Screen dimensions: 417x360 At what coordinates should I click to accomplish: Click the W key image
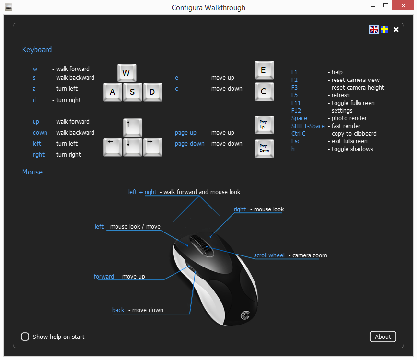click(127, 73)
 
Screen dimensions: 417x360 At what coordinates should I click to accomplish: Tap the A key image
click(113, 92)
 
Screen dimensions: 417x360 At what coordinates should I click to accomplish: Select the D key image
click(152, 92)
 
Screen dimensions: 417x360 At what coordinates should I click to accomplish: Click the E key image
click(265, 70)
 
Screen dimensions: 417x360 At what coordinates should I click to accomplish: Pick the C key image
click(265, 92)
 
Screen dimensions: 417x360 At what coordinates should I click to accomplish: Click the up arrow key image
click(133, 128)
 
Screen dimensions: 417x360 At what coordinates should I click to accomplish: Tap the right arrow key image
click(152, 147)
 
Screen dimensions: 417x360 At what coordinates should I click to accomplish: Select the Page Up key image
click(265, 125)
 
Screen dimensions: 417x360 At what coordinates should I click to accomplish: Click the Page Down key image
click(265, 149)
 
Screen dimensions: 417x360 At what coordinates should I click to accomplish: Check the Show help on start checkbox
click(25, 337)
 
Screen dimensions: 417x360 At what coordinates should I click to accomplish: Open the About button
click(382, 337)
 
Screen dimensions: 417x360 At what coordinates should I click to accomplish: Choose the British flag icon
click(374, 29)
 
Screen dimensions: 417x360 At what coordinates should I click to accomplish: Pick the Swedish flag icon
click(384, 29)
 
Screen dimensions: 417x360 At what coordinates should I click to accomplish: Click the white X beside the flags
click(396, 30)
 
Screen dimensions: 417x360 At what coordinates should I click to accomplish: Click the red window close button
click(403, 5)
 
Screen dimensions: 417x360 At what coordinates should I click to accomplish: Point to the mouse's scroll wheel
click(203, 245)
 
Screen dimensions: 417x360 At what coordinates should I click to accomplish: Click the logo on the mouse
click(245, 315)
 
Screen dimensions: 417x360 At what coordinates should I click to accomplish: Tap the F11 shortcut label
click(296, 103)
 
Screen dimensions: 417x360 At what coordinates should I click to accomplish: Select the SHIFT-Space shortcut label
click(308, 126)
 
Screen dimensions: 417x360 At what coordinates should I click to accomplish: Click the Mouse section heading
click(32, 172)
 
